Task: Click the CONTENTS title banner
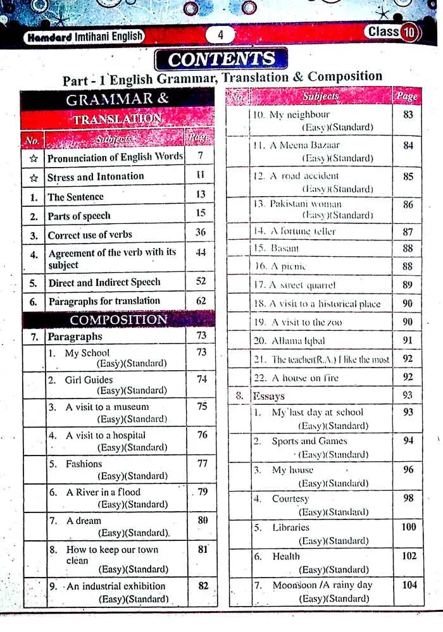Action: (221, 59)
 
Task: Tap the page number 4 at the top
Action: (220, 35)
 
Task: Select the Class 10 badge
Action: (392, 32)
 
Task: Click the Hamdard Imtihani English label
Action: (84, 37)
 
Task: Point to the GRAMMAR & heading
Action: (117, 99)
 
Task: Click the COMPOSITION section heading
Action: (118, 319)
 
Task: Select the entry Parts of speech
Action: (79, 216)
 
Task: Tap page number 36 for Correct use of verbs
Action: (201, 232)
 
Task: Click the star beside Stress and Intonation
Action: (34, 178)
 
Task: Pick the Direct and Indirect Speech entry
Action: (104, 282)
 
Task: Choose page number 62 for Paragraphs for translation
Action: (201, 301)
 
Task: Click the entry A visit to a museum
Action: (107, 407)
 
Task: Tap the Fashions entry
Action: (84, 464)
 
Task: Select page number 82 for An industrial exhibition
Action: (203, 586)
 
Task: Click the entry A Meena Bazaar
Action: (296, 146)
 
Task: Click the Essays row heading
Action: (269, 397)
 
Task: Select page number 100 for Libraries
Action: (409, 527)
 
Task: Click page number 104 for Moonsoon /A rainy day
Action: (409, 585)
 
